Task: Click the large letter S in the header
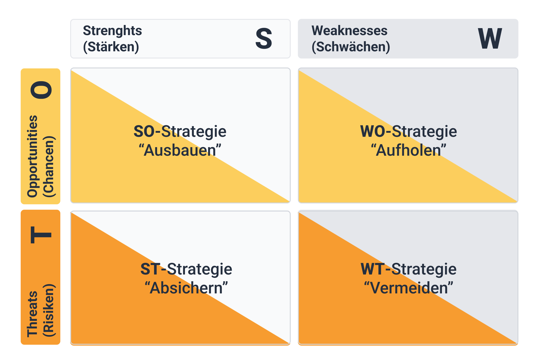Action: pos(263,38)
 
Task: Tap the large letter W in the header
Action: pos(490,38)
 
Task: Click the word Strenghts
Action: pos(112,31)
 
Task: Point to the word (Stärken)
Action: pos(111,47)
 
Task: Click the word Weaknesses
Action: pos(349,31)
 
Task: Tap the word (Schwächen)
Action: pos(351,47)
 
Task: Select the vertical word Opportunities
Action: pos(33,156)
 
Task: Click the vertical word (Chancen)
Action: pos(49,166)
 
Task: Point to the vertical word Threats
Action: pos(33,314)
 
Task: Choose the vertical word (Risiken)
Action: pos(49,310)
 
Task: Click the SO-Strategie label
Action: pos(180,131)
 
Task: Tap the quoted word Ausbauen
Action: pos(180,150)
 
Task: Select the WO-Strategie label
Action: pos(408,131)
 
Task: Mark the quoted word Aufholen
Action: pos(408,150)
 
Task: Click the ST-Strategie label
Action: pos(186,269)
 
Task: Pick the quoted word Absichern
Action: pos(186,288)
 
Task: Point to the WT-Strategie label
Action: pos(408,269)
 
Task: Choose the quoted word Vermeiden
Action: pos(408,288)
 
